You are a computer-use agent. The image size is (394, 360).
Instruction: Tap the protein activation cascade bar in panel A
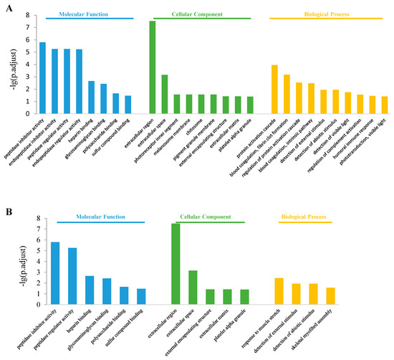(274, 89)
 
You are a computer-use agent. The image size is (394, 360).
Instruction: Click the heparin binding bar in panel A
(91, 97)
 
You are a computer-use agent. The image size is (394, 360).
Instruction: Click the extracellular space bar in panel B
(193, 287)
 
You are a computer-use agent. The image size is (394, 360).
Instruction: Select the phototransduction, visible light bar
(384, 105)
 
